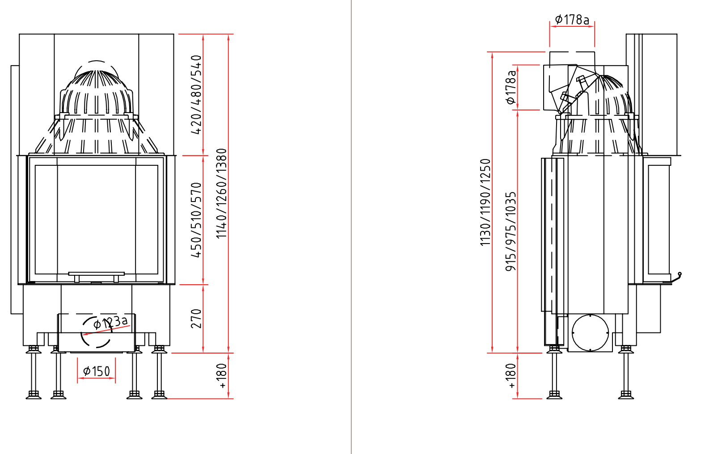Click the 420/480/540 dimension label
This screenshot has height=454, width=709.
pyautogui.click(x=196, y=95)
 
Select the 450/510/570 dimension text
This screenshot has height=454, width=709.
pyautogui.click(x=196, y=220)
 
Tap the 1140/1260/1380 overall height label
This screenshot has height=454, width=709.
pyautogui.click(x=222, y=193)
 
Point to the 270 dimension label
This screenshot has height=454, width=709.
pyautogui.click(x=196, y=319)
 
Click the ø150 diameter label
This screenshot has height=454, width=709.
pyautogui.click(x=97, y=371)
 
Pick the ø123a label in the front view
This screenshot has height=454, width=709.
pyautogui.click(x=111, y=322)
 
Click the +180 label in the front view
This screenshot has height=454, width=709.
pyautogui.click(x=222, y=375)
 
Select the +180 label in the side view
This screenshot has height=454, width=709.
pyautogui.click(x=511, y=375)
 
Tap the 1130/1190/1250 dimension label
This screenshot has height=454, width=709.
pyautogui.click(x=485, y=202)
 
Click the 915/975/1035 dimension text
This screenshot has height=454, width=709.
pyautogui.click(x=511, y=231)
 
